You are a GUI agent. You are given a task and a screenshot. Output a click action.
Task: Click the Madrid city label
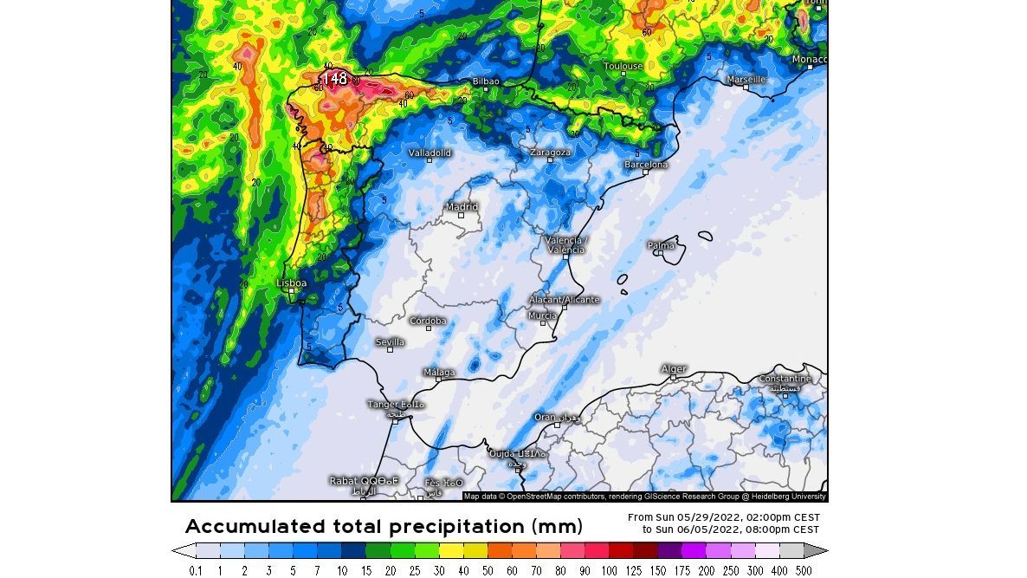point(462,207)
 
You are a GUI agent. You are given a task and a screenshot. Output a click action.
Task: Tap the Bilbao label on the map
point(486,81)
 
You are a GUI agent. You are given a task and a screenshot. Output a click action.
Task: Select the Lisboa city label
point(291,283)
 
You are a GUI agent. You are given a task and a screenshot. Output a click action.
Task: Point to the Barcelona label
point(646,165)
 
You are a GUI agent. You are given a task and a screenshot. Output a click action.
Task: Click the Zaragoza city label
point(550,153)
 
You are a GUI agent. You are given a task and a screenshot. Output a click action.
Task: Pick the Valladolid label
point(430,153)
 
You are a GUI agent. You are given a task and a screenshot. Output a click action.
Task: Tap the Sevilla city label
point(390,342)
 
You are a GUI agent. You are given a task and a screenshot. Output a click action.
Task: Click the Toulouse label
point(623,66)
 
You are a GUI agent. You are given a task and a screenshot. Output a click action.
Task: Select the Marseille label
point(746,79)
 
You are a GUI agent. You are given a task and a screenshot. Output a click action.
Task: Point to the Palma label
point(661,246)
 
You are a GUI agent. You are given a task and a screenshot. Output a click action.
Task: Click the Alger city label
point(673,369)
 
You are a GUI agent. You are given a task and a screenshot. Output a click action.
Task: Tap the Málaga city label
point(439,373)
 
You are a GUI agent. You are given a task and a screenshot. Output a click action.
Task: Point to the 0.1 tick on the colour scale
point(197,570)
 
